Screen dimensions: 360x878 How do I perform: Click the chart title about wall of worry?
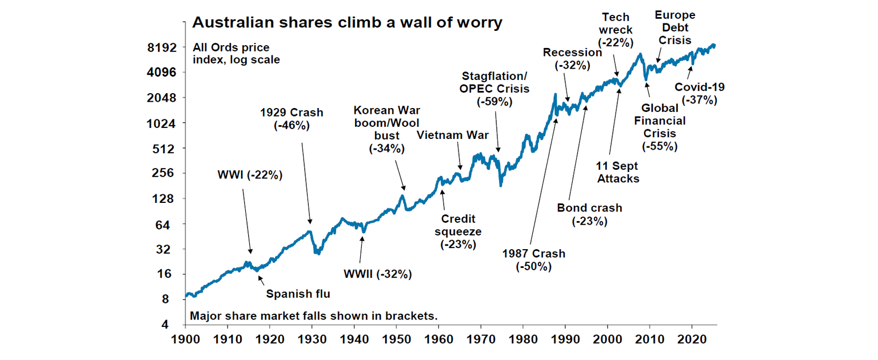(x=347, y=23)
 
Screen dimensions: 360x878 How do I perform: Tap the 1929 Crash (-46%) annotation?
(x=292, y=119)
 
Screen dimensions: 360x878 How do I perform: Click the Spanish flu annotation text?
(x=298, y=294)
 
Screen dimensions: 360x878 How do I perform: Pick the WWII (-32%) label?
(x=377, y=274)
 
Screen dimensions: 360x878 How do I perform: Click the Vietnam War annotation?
(x=453, y=135)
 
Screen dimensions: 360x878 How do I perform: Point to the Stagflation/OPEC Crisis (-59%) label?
(x=495, y=89)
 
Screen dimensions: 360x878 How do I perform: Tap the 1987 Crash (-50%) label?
(x=533, y=260)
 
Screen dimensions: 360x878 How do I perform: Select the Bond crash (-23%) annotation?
(x=589, y=214)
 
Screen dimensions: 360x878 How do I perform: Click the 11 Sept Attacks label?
(x=617, y=172)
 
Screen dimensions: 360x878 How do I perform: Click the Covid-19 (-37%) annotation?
(x=700, y=94)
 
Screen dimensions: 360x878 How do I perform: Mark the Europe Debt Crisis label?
(x=675, y=27)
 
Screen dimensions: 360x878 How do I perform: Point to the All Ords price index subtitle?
(x=236, y=53)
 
